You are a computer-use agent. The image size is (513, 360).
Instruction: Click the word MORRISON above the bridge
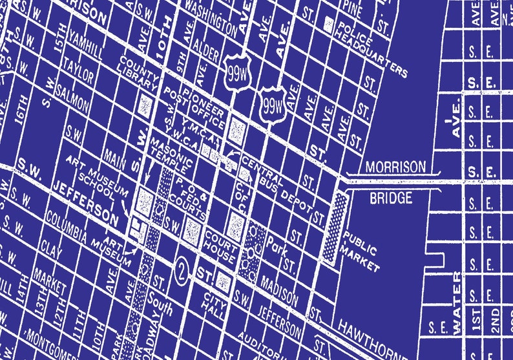point(395,167)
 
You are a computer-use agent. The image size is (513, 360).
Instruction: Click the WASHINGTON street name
point(210,17)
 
